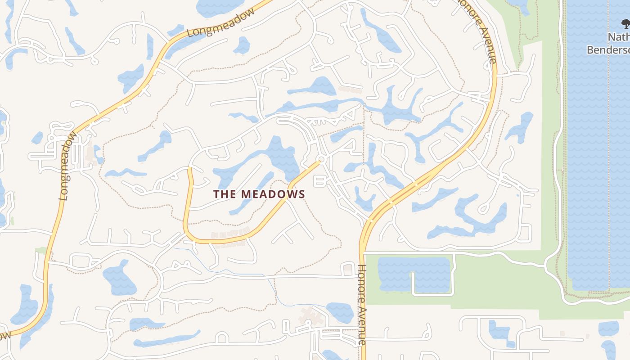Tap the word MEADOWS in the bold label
click(x=273, y=194)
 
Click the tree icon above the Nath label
click(x=625, y=23)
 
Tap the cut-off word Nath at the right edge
click(x=618, y=37)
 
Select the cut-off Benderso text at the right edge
click(x=608, y=49)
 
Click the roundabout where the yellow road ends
click(x=321, y=160)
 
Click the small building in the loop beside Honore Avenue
click(x=348, y=269)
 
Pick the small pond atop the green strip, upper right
click(x=518, y=4)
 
